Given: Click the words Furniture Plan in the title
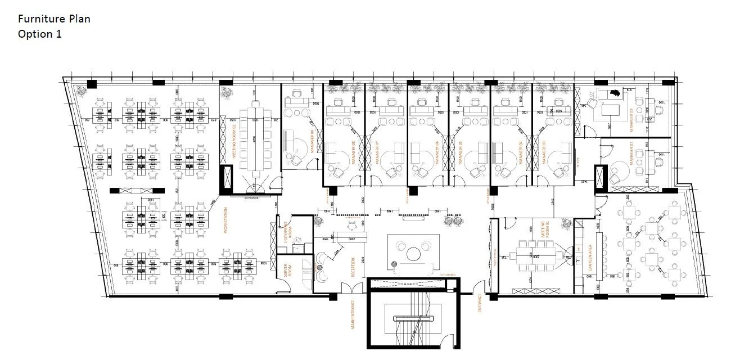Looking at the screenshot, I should pos(54,19).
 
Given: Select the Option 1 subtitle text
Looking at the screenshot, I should pos(39,34).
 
